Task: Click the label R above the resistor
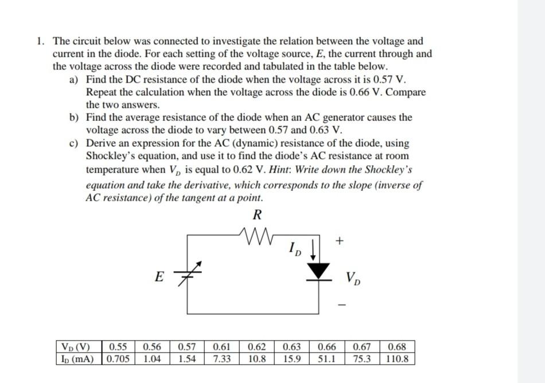coord(257,216)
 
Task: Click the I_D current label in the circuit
coord(294,249)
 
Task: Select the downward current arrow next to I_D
coord(312,249)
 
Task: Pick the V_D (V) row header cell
coord(77,347)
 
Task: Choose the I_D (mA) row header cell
coord(77,359)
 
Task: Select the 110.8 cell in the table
coord(397,359)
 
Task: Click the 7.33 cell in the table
coord(221,359)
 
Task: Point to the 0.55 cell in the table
coord(118,347)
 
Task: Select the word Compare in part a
coord(405,92)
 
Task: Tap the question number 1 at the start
coord(38,41)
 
